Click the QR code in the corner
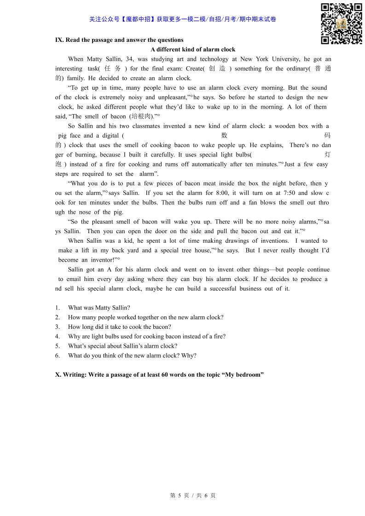pos(341,23)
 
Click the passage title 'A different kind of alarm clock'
pos(193,50)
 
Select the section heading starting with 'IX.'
pos(119,40)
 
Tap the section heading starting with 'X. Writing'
pos(159,374)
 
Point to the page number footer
pos(193,495)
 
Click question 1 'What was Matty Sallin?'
pos(99,308)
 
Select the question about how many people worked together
pos(145,317)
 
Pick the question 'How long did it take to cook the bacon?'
pos(119,327)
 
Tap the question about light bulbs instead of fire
pos(146,336)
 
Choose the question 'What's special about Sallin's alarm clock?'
pos(122,346)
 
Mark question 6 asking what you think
pos(132,355)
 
